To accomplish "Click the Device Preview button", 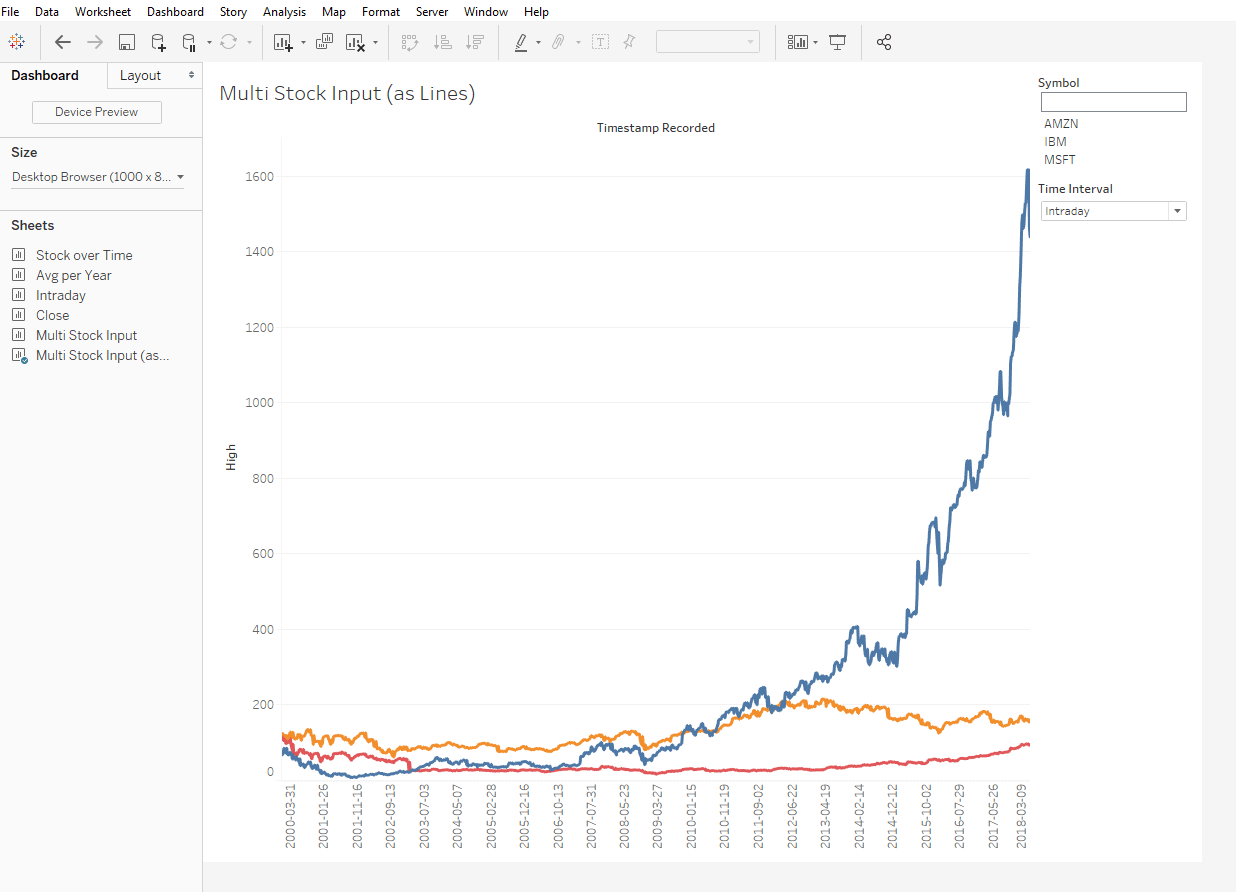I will point(97,112).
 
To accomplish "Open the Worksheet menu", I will point(102,12).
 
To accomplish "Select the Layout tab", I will point(140,76).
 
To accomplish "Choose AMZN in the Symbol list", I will point(1061,124).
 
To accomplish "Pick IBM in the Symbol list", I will point(1055,142).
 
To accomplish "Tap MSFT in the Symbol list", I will point(1060,160).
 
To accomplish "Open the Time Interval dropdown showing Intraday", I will point(1113,211).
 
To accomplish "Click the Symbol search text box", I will point(1113,102).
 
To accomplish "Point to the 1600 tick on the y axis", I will point(259,177).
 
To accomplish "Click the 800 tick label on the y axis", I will point(262,479).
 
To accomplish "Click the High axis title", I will point(231,457).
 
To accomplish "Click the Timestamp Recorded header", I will point(655,128).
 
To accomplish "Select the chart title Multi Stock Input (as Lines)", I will point(347,94).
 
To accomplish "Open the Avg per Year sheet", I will point(73,276).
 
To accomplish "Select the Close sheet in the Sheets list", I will point(52,316).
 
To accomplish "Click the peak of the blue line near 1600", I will point(1028,171).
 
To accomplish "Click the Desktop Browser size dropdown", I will point(97,177).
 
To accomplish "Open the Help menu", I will point(536,12).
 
